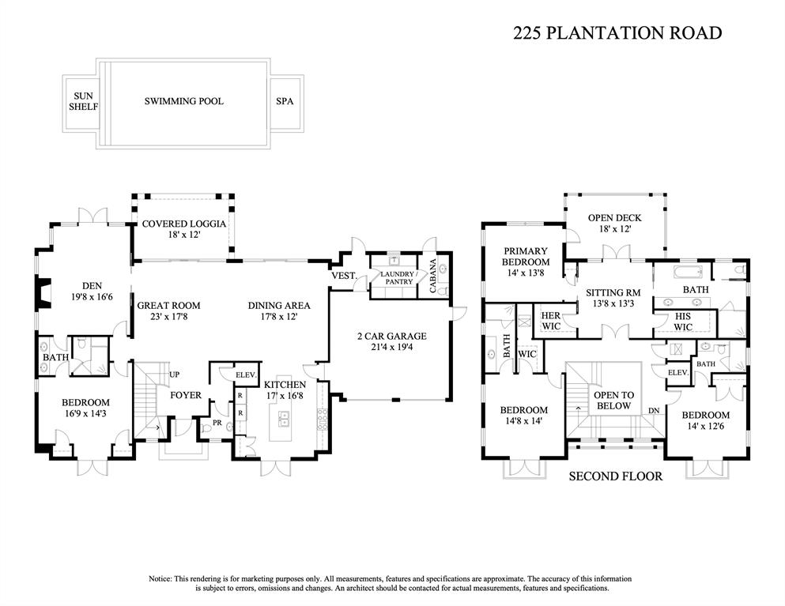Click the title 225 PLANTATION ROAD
(617, 32)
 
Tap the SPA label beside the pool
(284, 102)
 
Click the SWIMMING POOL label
(183, 101)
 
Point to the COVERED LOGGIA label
(184, 224)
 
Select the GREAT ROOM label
(168, 306)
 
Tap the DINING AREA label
(278, 306)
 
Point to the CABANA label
(432, 277)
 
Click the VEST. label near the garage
(344, 276)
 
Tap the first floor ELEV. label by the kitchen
(244, 376)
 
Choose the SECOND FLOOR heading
(616, 476)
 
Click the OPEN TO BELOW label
(613, 401)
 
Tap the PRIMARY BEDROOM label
(526, 257)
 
